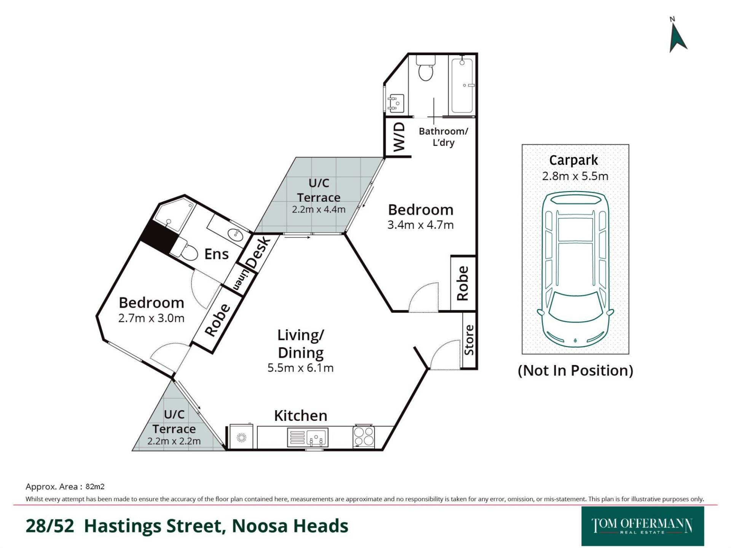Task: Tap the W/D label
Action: [399, 137]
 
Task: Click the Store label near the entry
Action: [469, 340]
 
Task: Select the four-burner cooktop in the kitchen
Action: [364, 436]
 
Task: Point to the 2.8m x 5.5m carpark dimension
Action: [575, 176]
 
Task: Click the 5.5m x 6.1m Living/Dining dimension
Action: [300, 368]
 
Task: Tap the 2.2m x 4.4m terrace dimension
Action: [319, 209]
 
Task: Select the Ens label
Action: [216, 254]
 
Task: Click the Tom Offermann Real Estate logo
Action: [643, 526]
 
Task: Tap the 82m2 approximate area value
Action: [95, 486]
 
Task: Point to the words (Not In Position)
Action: [575, 370]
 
